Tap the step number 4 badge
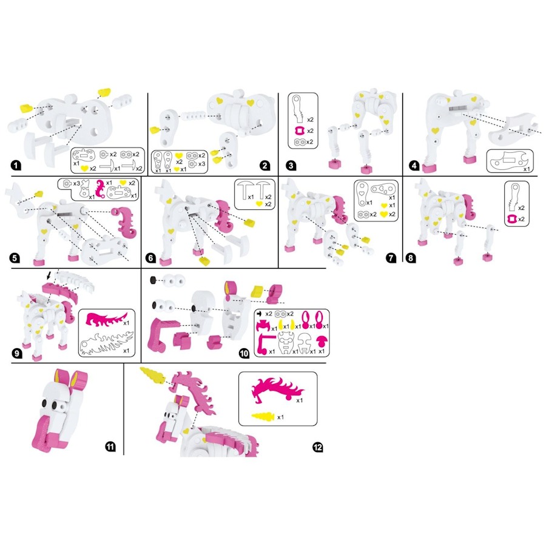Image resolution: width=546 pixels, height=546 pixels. (x=411, y=164)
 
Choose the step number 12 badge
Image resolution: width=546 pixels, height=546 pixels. (x=317, y=447)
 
